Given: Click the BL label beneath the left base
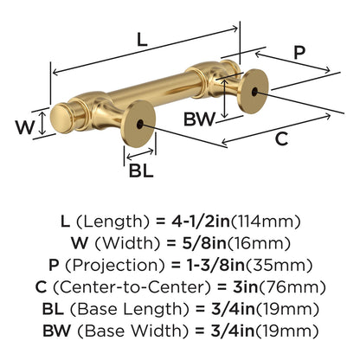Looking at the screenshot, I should [x=141, y=170].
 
